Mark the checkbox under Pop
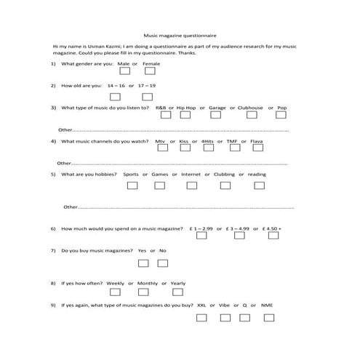(280, 115)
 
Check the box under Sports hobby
(132, 185)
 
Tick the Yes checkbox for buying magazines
(143, 263)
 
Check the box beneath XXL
(201, 318)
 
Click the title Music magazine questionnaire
(179, 34)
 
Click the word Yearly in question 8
(177, 283)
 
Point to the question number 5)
(53, 175)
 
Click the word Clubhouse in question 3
(249, 108)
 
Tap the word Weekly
(116, 283)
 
